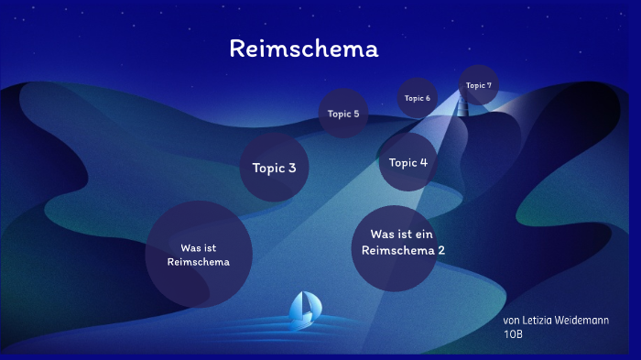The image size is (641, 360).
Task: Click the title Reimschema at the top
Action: tap(303, 49)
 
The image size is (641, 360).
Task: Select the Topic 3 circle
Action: tap(274, 168)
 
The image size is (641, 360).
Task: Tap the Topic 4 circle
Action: tap(408, 162)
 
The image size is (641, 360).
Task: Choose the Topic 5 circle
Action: tap(343, 115)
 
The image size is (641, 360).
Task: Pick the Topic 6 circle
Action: tap(417, 98)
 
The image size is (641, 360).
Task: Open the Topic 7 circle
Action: tap(478, 85)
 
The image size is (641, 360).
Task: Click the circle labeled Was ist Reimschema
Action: tap(199, 255)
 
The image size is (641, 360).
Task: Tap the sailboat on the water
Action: tap(303, 311)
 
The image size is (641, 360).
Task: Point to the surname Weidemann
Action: tap(586, 321)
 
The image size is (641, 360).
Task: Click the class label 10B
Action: tap(513, 334)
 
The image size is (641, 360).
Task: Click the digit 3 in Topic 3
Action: tap(292, 169)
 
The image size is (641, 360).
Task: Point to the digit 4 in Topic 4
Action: tap(423, 163)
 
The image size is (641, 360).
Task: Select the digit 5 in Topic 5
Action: tap(355, 115)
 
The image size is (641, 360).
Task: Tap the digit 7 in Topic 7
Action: tap(489, 85)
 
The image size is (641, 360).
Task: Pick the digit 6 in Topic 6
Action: tap(427, 98)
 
